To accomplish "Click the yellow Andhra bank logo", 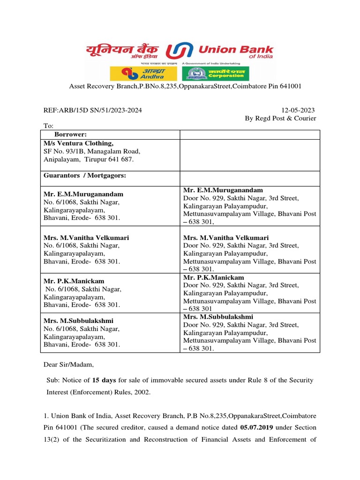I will pyautogui.click(x=143, y=74).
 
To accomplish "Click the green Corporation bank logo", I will pyautogui.click(x=216, y=74).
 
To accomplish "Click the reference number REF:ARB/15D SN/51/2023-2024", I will pyautogui.click(x=93, y=110).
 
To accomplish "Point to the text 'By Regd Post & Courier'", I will pyautogui.click(x=280, y=118).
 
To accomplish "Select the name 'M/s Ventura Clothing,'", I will pyautogui.click(x=78, y=143).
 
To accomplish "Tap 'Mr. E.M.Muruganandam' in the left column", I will pyautogui.click(x=81, y=194).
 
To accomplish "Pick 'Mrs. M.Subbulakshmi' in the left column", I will pyautogui.click(x=78, y=321).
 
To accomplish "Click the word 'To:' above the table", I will pyautogui.click(x=48, y=126).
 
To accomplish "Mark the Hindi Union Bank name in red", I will pyautogui.click(x=122, y=50).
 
